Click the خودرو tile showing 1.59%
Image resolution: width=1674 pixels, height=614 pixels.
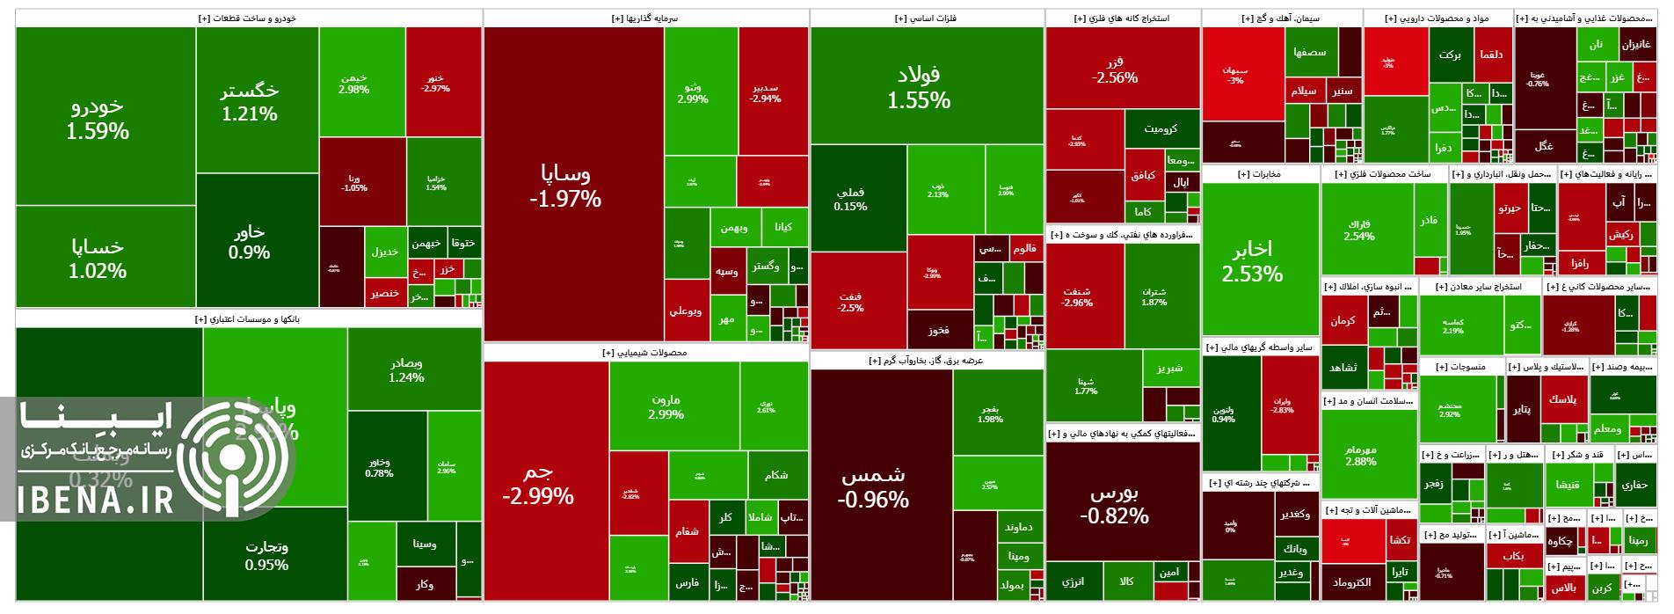point(98,118)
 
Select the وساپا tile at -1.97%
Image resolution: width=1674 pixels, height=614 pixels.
point(565,185)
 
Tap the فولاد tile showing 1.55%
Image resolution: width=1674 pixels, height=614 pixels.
point(919,86)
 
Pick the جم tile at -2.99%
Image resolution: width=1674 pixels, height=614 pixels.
point(538,484)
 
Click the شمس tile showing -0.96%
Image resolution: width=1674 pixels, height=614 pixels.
point(873,486)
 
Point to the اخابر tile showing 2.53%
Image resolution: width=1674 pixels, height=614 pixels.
point(1252,260)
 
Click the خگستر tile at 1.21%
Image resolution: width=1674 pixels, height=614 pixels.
point(250,101)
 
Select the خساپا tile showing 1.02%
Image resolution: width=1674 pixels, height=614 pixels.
point(98,259)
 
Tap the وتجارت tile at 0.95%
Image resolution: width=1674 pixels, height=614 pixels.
point(266,554)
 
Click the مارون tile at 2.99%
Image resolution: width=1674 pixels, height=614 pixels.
point(666,406)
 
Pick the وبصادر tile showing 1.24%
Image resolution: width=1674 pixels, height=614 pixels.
point(406,370)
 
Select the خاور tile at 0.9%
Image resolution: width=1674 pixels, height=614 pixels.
point(250,241)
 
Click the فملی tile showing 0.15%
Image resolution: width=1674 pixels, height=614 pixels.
point(850,199)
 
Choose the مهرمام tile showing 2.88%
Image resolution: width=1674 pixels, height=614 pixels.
point(1360,455)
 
